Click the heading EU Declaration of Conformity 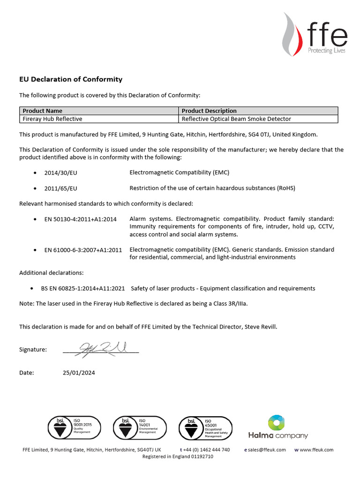[x=70, y=79]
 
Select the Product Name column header [x=43, y=111]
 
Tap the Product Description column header [x=209, y=111]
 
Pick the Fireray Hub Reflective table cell [x=52, y=119]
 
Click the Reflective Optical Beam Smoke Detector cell [x=236, y=119]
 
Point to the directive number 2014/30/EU [x=60, y=173]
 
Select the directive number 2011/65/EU [x=60, y=188]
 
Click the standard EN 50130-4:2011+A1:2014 [x=80, y=219]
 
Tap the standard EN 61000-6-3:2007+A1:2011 [x=83, y=250]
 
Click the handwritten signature [x=101, y=349]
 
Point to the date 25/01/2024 [x=78, y=373]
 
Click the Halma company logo [x=277, y=427]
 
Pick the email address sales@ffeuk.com [x=268, y=450]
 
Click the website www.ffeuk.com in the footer [x=316, y=450]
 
